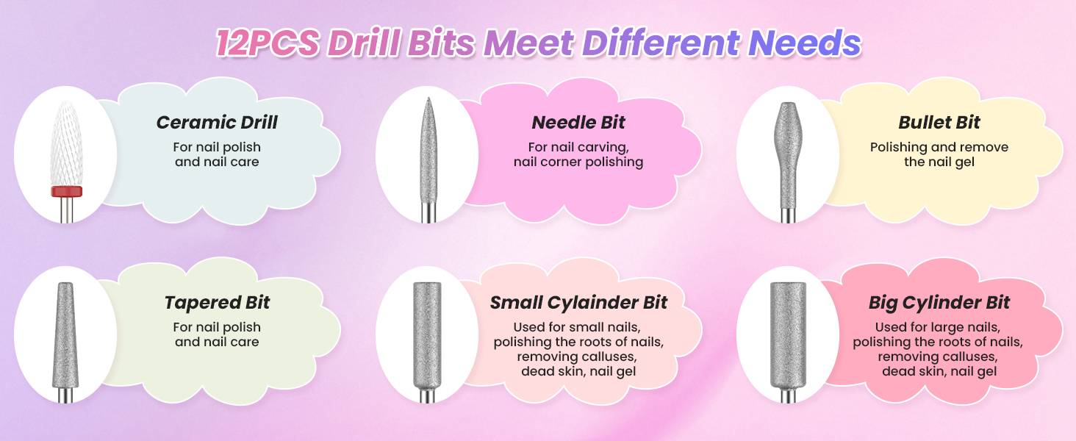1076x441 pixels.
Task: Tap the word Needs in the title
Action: tap(805, 43)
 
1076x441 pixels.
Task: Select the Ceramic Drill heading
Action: tap(217, 123)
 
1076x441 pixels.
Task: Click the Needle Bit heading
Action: tap(578, 123)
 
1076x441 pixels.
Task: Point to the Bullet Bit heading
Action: tap(939, 123)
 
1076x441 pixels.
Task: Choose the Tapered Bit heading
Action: tap(217, 303)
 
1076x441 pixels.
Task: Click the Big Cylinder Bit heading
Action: tap(939, 303)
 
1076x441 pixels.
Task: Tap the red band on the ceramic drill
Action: tap(66, 191)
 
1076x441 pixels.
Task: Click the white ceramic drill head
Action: tap(66, 143)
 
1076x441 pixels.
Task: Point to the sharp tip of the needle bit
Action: tap(428, 98)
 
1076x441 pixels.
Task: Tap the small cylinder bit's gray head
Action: tap(427, 336)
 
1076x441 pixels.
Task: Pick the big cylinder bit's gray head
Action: tap(788, 335)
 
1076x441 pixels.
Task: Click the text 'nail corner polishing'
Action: tap(578, 162)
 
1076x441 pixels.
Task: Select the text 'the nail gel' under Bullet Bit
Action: tap(939, 162)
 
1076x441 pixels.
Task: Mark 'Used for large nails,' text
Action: tap(938, 327)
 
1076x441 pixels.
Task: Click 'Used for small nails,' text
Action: tap(577, 327)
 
